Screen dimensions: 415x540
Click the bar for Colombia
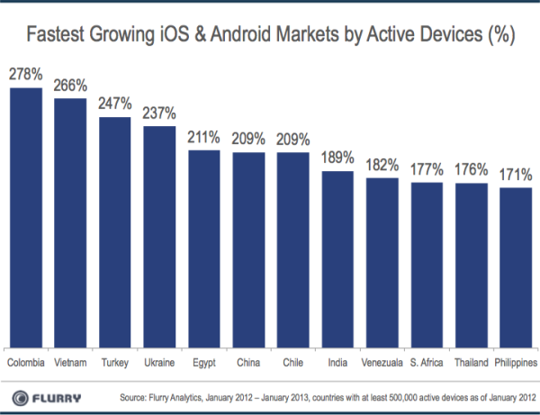click(26, 217)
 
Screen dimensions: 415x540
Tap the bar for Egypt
click(204, 248)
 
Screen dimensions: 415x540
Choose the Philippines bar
click(516, 266)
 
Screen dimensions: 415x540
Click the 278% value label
click(26, 76)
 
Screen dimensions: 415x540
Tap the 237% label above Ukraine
click(160, 113)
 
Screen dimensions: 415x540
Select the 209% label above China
click(248, 140)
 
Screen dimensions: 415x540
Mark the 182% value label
click(382, 165)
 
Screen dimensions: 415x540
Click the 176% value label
click(471, 170)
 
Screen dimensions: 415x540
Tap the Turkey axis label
click(115, 362)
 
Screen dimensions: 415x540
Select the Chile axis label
click(293, 362)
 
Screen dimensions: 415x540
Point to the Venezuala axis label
click(382, 362)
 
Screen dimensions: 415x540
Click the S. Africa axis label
click(427, 362)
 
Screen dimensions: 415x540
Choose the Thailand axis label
click(471, 362)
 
